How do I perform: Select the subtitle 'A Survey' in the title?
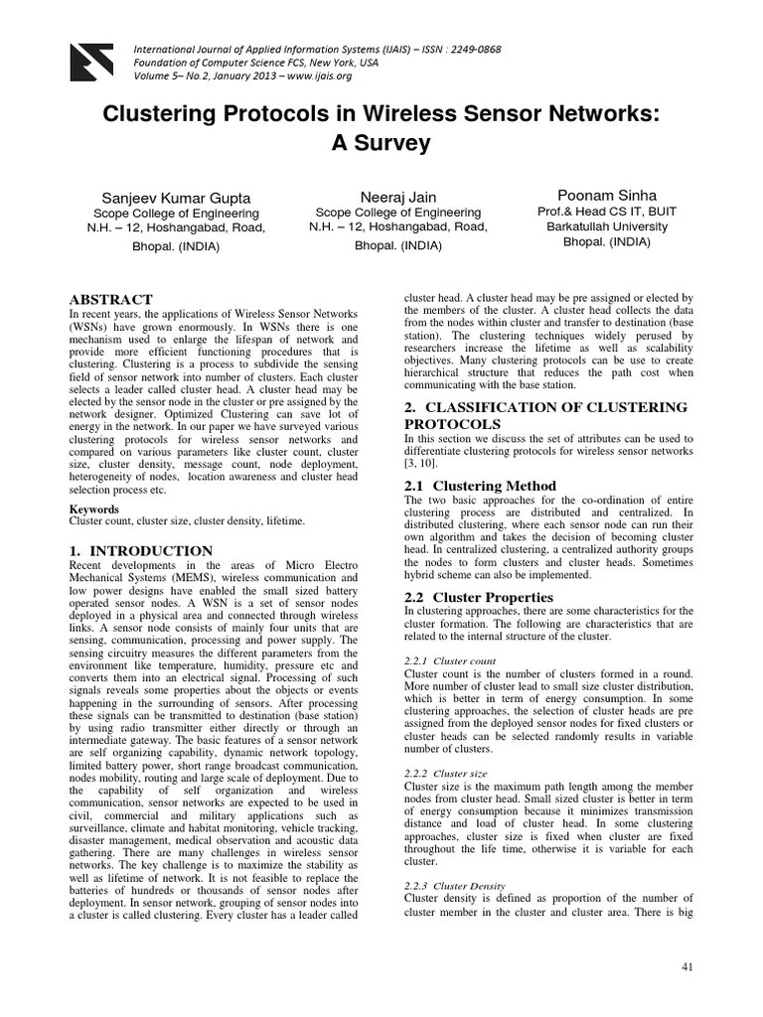tap(381, 143)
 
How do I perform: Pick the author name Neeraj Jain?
tap(397, 196)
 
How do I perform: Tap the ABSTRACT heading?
tap(110, 300)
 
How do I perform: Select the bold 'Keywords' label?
tap(93, 508)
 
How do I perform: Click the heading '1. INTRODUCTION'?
tap(140, 550)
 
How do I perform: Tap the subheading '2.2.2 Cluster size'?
tap(447, 773)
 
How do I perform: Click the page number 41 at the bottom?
tap(686, 966)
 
